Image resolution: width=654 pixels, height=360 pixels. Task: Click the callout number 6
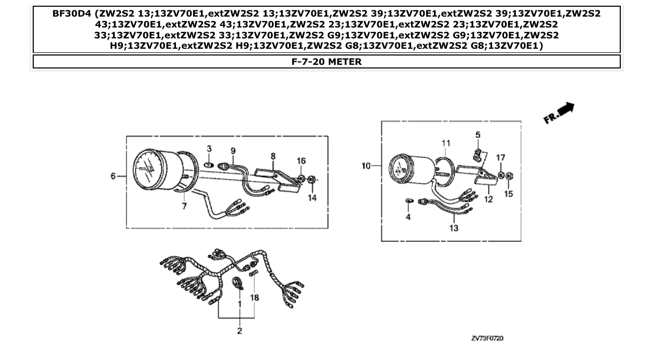[x=113, y=176]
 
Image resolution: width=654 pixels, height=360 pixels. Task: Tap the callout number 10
[x=366, y=166]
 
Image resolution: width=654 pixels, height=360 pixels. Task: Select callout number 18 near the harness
[x=255, y=298]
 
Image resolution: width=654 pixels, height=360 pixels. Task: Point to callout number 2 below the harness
[x=239, y=331]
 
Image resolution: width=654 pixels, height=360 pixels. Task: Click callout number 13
[x=454, y=228]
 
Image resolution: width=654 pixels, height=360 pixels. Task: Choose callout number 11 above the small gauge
[x=445, y=143]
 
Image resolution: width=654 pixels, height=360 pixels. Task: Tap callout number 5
[x=478, y=135]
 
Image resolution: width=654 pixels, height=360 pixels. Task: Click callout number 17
[x=500, y=157]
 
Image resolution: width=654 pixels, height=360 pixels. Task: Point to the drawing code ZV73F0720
[x=487, y=338]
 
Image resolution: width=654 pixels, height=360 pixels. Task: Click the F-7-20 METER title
[x=326, y=62]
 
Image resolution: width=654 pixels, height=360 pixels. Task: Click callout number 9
[x=233, y=150]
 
